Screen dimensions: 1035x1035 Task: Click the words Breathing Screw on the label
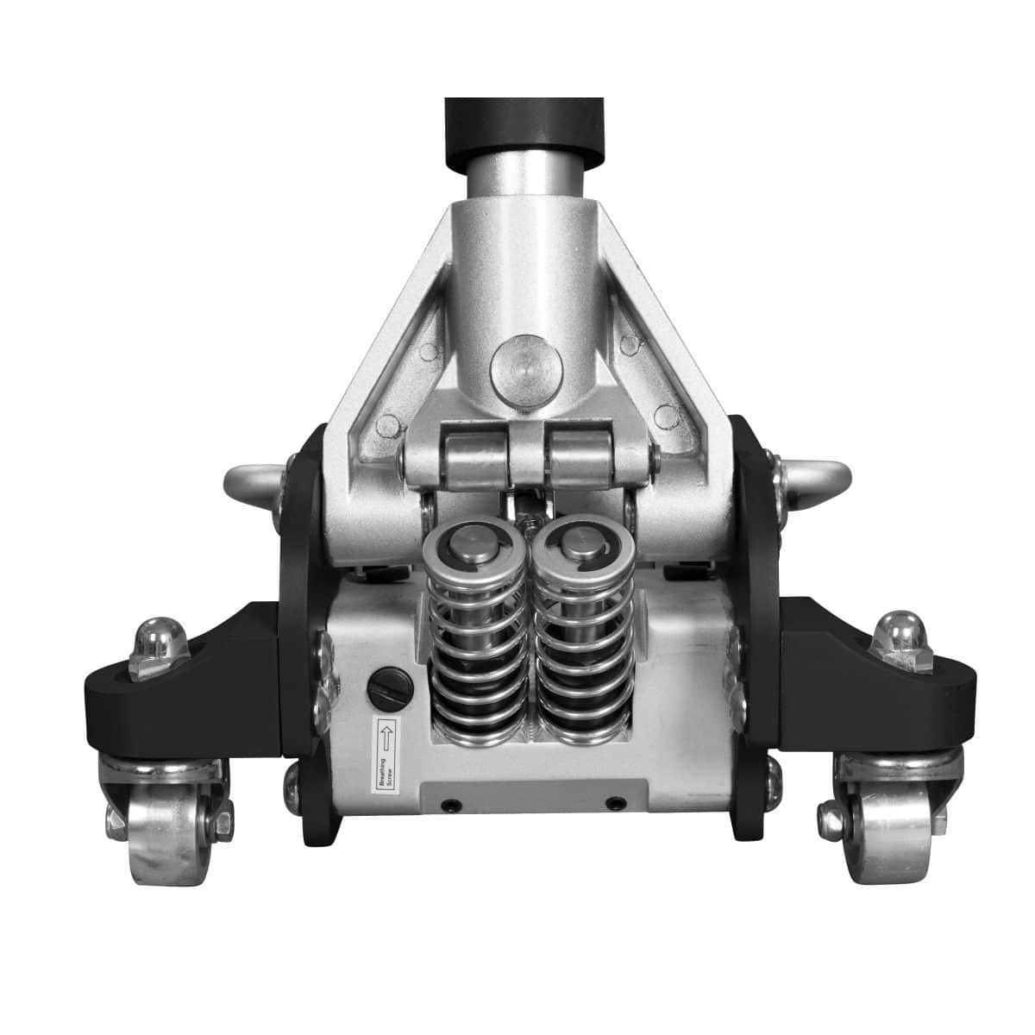pyautogui.click(x=386, y=772)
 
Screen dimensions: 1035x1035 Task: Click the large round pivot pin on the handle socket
pyautogui.click(x=526, y=371)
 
